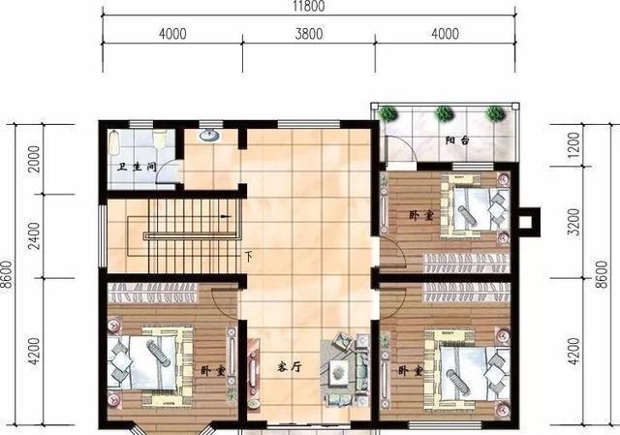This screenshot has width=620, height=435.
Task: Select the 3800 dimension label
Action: coord(307,35)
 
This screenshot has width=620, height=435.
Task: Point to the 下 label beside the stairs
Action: coord(249,257)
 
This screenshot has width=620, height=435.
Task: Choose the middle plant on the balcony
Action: coord(445,113)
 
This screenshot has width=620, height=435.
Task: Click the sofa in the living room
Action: coord(346,366)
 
